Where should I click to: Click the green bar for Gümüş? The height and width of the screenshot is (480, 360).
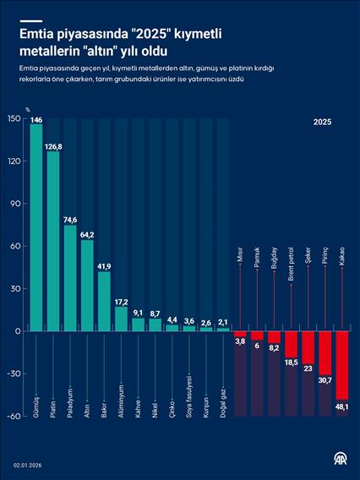36,228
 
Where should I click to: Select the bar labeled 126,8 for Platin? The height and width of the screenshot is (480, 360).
53,245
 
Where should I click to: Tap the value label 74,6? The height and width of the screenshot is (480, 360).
70,220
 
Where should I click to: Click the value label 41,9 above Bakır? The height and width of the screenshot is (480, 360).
104,266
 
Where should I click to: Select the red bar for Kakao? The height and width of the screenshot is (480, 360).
342,365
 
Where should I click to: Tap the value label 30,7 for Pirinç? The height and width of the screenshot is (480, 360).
325,380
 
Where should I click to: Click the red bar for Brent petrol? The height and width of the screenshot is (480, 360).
292,344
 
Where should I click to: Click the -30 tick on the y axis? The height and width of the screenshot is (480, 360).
12,374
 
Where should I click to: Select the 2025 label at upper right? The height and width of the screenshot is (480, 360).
322,123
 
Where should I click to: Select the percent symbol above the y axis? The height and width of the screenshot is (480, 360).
27,109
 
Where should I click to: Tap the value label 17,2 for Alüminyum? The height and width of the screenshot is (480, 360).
121,301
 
